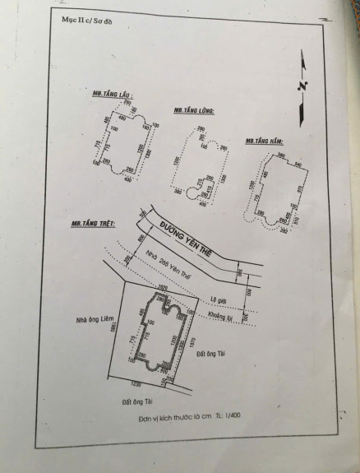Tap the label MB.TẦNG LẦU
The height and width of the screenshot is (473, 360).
113,96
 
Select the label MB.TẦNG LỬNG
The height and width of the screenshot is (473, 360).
194,111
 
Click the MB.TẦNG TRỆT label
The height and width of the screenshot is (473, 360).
92,224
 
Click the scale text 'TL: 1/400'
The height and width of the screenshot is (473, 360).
233,418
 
